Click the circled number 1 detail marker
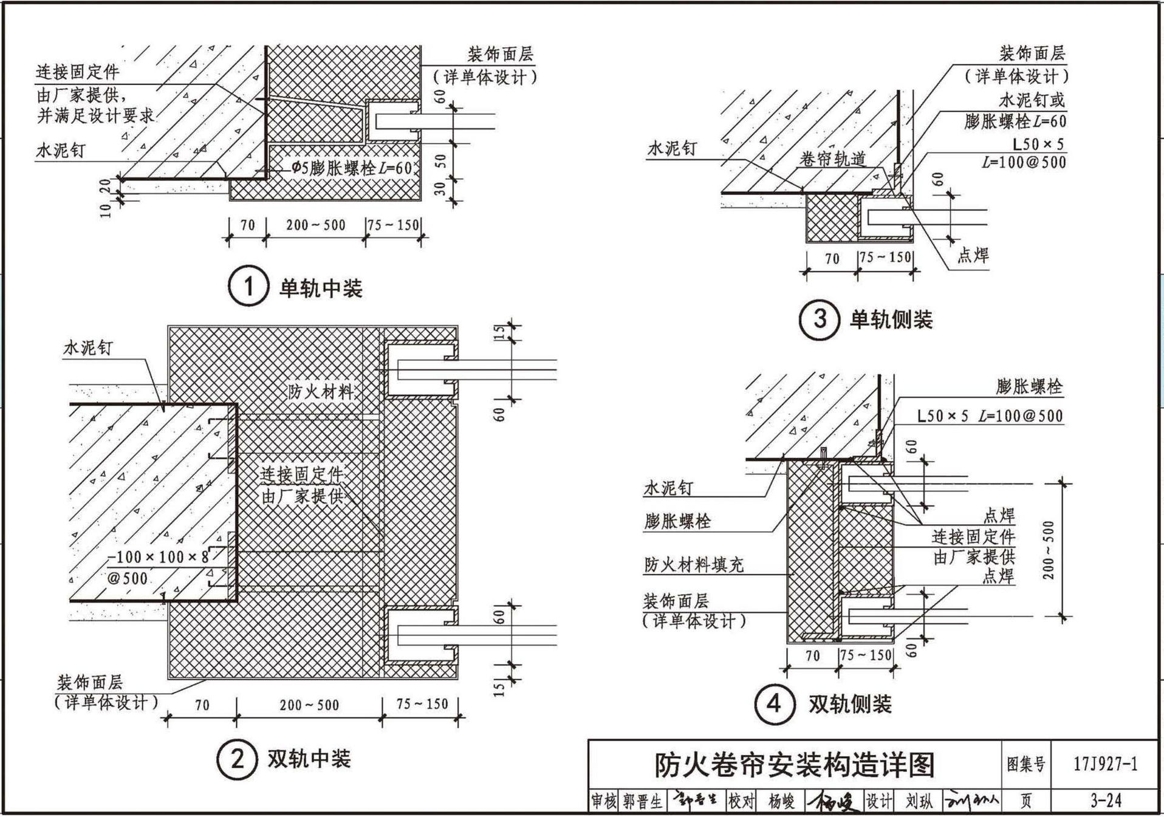pyautogui.click(x=248, y=286)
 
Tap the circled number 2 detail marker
pyautogui.click(x=238, y=758)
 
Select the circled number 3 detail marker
pyautogui.click(x=819, y=319)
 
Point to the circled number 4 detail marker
pyautogui.click(x=774, y=704)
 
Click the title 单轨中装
pyautogui.click(x=321, y=288)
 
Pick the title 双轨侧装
pyautogui.click(x=850, y=705)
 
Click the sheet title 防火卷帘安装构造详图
pyautogui.click(x=794, y=765)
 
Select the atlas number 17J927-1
pyautogui.click(x=1105, y=764)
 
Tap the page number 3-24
pyautogui.click(x=1105, y=801)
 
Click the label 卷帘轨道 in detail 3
pyautogui.click(x=832, y=160)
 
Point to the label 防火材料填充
pyautogui.click(x=694, y=565)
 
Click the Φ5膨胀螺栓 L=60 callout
pyautogui.click(x=351, y=168)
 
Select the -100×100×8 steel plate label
pyautogui.click(x=158, y=557)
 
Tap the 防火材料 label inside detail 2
pyautogui.click(x=320, y=391)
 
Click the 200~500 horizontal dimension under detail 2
pyautogui.click(x=309, y=705)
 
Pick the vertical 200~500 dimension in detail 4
pyautogui.click(x=1049, y=550)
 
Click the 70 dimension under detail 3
pyautogui.click(x=832, y=259)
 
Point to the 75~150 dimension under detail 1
pyautogui.click(x=393, y=225)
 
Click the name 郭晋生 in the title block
pyautogui.click(x=642, y=801)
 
